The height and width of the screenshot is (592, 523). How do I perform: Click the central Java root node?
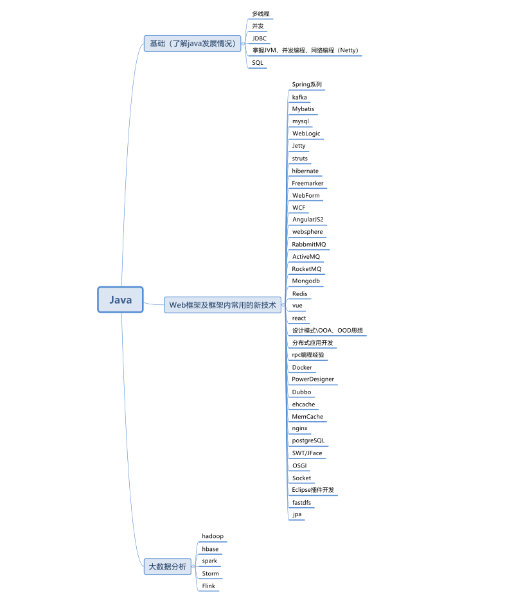pyautogui.click(x=120, y=300)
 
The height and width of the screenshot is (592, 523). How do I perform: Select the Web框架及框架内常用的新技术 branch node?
pyautogui.click(x=222, y=305)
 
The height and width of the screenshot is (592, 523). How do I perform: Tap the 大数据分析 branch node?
pyautogui.click(x=167, y=566)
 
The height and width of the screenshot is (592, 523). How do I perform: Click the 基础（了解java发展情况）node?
pyautogui.click(x=192, y=44)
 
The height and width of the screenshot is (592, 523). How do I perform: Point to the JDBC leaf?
pyautogui.click(x=259, y=38)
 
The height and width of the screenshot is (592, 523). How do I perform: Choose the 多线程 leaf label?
pyautogui.click(x=261, y=13)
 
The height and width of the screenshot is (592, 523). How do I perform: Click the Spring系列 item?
pyautogui.click(x=306, y=84)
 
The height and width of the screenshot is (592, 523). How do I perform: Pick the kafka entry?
pyautogui.click(x=299, y=97)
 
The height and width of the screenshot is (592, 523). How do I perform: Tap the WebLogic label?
pyautogui.click(x=306, y=134)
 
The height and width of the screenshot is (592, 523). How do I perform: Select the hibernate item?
pyautogui.click(x=305, y=171)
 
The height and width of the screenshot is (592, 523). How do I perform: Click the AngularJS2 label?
pyautogui.click(x=308, y=220)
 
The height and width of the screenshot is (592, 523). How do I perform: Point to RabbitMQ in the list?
pyautogui.click(x=309, y=244)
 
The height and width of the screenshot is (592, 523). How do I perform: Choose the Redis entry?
pyautogui.click(x=299, y=293)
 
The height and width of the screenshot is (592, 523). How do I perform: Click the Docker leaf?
pyautogui.click(x=302, y=367)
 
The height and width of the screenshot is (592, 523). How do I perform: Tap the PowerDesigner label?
pyautogui.click(x=313, y=379)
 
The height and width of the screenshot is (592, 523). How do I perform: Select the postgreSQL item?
pyautogui.click(x=308, y=440)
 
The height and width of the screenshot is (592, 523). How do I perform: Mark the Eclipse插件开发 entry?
pyautogui.click(x=313, y=490)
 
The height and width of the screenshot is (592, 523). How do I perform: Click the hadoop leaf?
pyautogui.click(x=213, y=535)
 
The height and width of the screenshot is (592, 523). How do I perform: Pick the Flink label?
pyautogui.click(x=209, y=586)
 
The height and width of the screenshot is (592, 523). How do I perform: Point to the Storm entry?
pyautogui.click(x=210, y=573)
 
